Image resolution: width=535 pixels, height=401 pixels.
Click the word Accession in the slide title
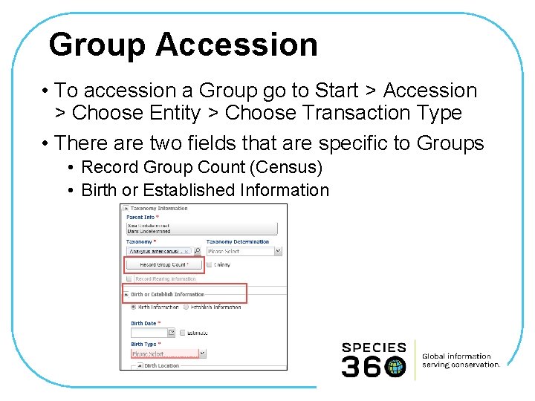(x=237, y=45)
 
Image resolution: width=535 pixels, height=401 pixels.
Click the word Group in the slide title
(x=97, y=45)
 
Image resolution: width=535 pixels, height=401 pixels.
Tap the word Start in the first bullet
(x=335, y=91)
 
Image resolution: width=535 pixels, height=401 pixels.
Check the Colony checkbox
(x=210, y=264)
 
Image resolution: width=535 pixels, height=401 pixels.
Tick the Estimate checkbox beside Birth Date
(x=182, y=333)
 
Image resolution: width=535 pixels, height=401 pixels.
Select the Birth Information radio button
(x=134, y=307)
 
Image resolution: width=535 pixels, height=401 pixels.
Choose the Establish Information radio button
(x=186, y=307)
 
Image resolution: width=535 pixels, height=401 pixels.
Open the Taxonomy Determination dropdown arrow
(x=278, y=251)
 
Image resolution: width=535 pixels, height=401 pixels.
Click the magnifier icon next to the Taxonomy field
(x=197, y=251)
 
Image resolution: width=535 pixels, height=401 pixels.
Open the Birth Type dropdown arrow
(x=201, y=354)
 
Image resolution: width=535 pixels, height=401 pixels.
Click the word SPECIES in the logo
(x=374, y=347)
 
